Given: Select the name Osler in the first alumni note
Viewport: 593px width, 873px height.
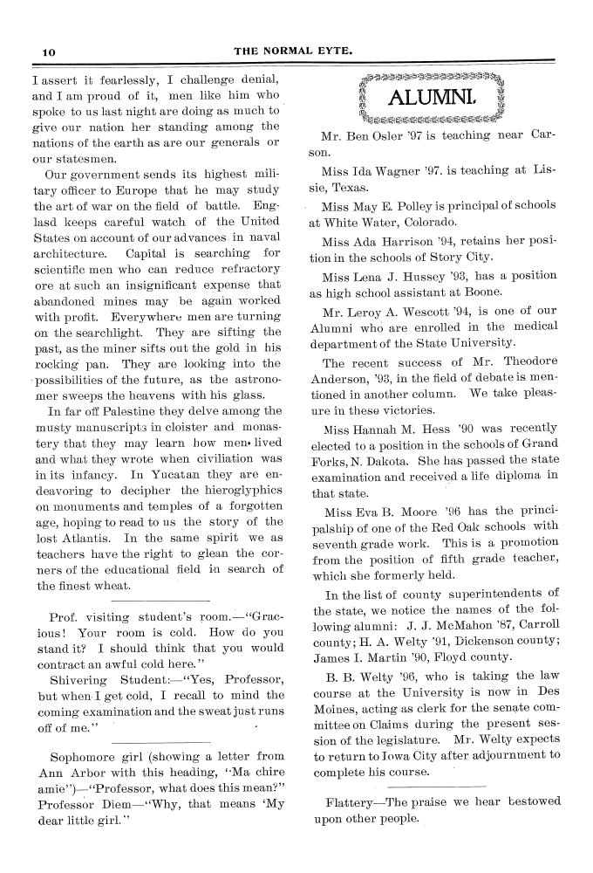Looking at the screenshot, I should click(x=382, y=136).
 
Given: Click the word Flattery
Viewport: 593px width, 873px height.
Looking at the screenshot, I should click(x=353, y=801).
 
